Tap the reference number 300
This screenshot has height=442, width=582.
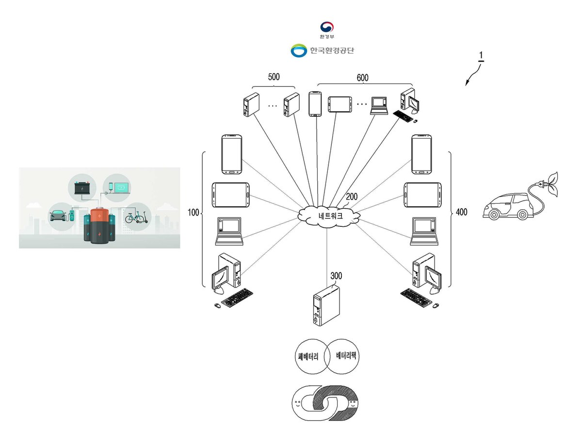pyautogui.click(x=336, y=276)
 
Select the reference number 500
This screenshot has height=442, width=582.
pyautogui.click(x=274, y=77)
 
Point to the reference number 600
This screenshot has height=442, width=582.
pyautogui.click(x=362, y=78)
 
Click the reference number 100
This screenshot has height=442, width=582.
pyautogui.click(x=193, y=212)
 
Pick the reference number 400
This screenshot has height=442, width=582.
pyautogui.click(x=461, y=212)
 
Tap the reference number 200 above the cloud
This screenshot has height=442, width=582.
pyautogui.click(x=352, y=196)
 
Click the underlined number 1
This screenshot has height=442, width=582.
pyautogui.click(x=481, y=56)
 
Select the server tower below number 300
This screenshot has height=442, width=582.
pyautogui.click(x=326, y=305)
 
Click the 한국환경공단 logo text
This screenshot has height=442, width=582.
pyautogui.click(x=332, y=50)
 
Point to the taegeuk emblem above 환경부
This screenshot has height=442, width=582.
pyautogui.click(x=327, y=27)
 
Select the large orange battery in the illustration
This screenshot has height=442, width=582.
pyautogui.click(x=99, y=226)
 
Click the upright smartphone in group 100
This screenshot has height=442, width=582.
pyautogui.click(x=231, y=155)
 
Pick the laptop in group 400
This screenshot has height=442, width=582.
pyautogui.click(x=424, y=231)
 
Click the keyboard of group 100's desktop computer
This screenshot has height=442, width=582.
pyautogui.click(x=237, y=298)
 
